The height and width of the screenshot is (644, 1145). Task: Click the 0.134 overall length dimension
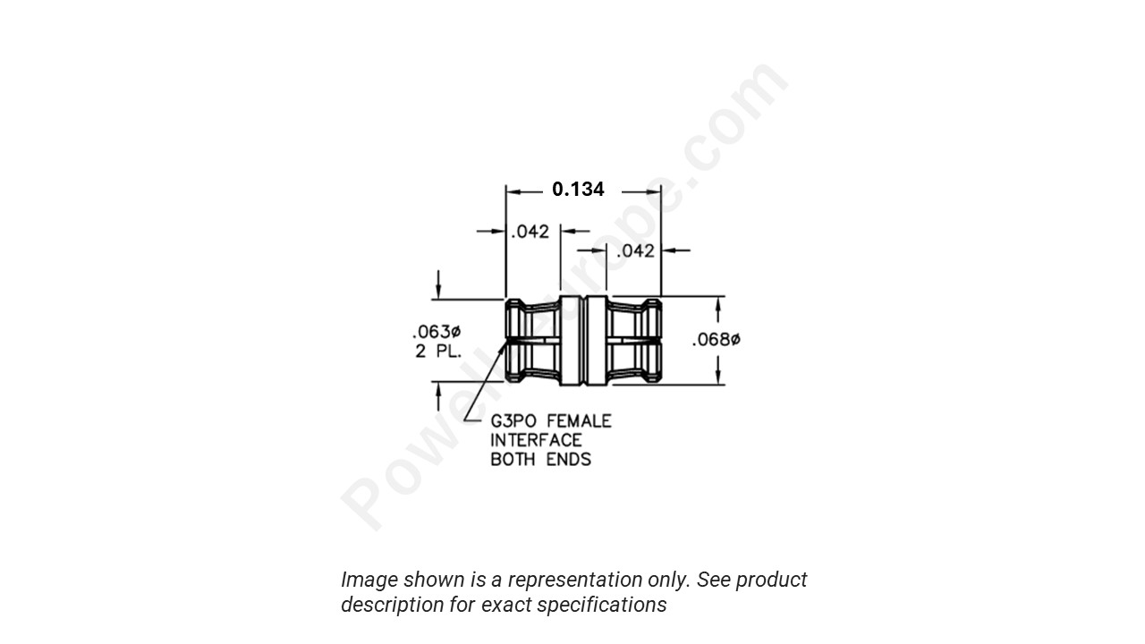click(x=578, y=190)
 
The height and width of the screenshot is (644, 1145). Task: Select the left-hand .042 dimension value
click(x=530, y=232)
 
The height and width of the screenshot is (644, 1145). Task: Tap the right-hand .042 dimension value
click(x=636, y=250)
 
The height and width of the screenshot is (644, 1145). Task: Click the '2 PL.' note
click(x=438, y=352)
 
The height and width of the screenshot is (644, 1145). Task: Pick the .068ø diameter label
click(x=717, y=340)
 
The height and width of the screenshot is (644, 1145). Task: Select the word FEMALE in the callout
click(x=579, y=420)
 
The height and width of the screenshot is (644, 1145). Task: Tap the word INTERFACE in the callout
click(x=536, y=440)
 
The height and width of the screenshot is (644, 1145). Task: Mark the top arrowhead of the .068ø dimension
click(x=719, y=305)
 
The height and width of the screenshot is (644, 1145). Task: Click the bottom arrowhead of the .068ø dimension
click(x=719, y=377)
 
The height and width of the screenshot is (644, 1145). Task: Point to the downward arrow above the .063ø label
click(x=438, y=292)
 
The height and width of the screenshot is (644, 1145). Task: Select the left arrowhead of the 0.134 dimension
click(x=513, y=191)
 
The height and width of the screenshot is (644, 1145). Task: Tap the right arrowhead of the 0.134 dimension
click(x=655, y=191)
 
